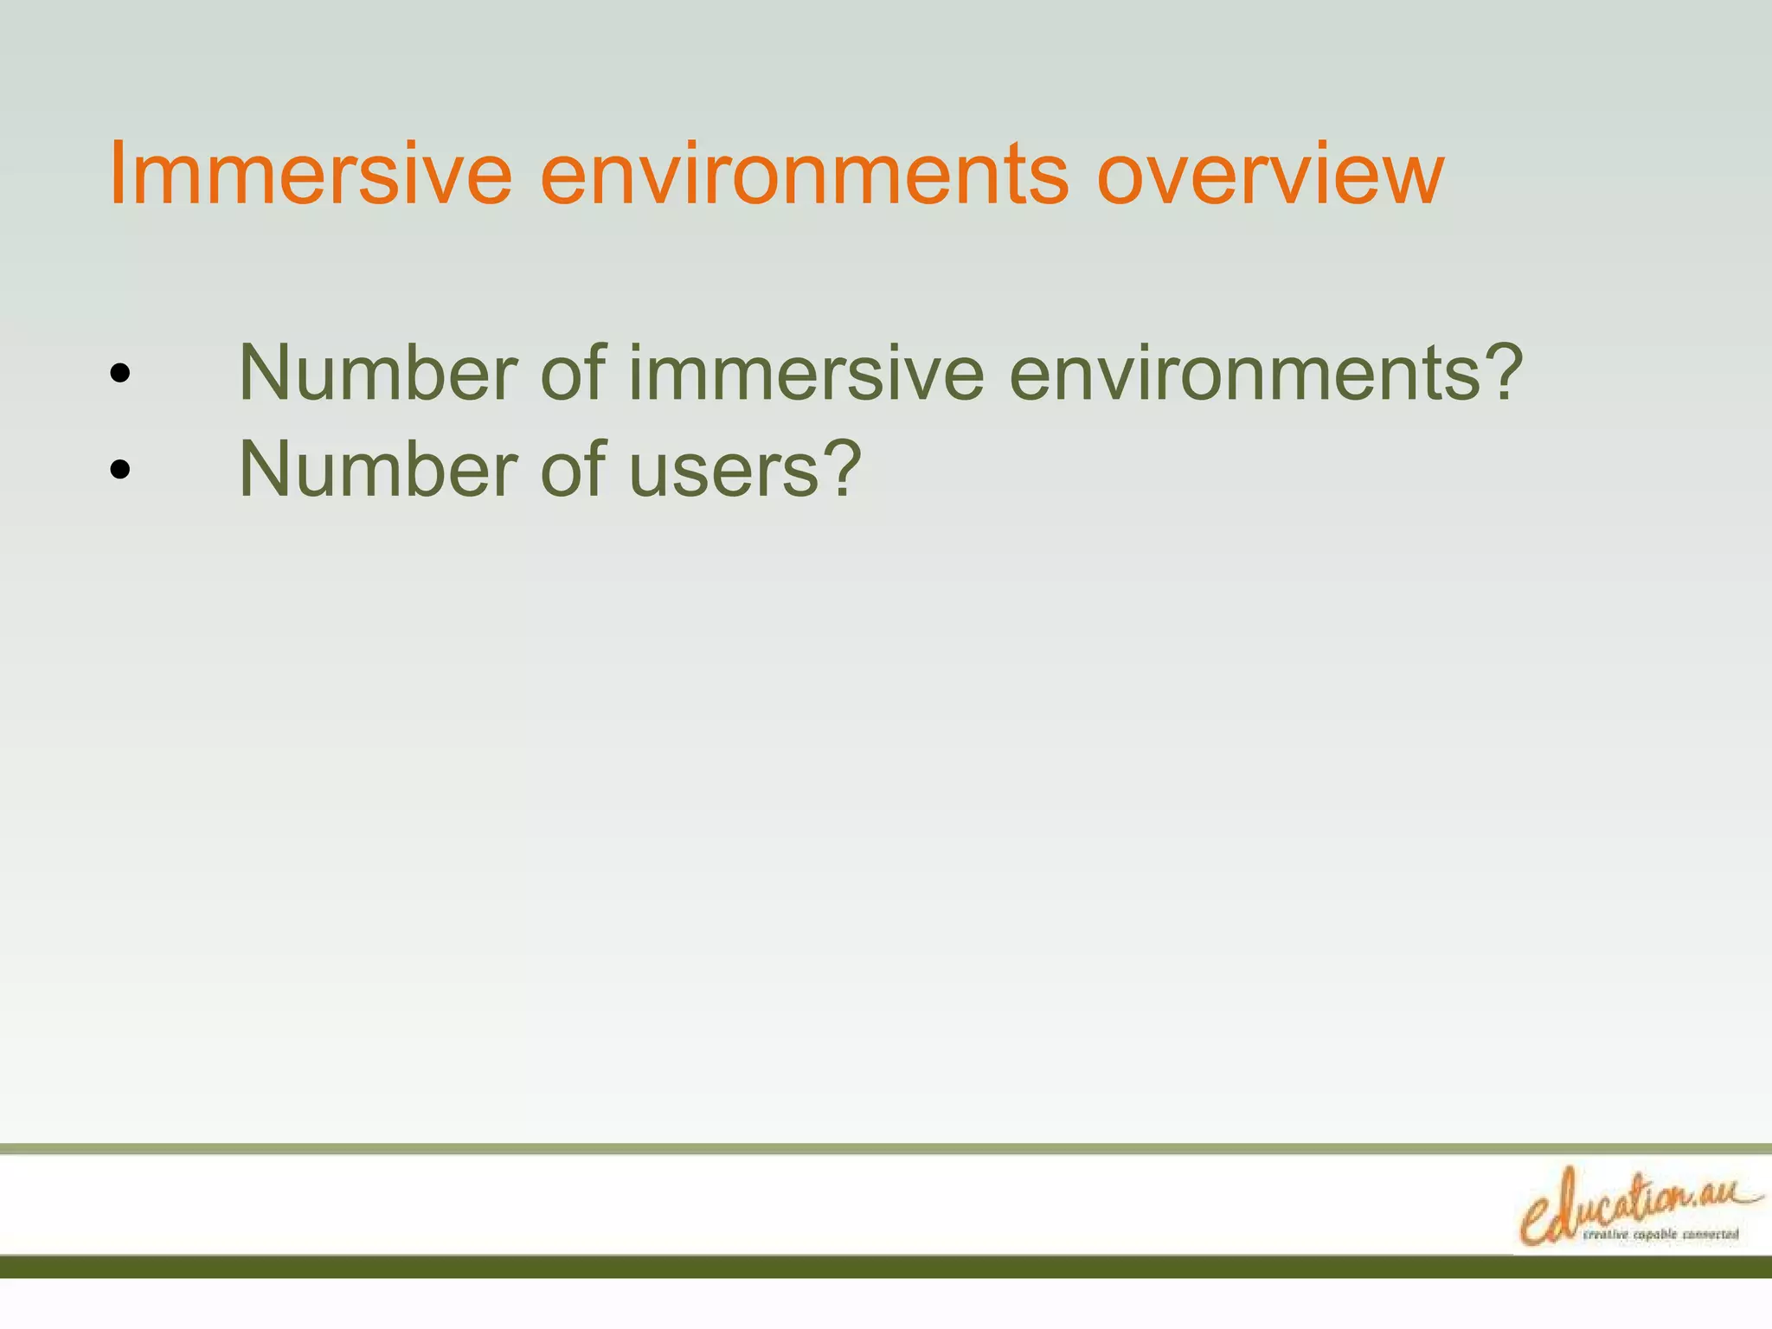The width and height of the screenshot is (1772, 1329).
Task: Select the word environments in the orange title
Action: click(804, 175)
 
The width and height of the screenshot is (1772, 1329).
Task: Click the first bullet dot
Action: click(120, 374)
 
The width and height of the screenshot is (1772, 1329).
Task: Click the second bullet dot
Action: click(120, 470)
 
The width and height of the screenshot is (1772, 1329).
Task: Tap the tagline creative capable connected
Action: click(1660, 1235)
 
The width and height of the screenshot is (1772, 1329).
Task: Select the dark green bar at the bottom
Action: click(886, 1267)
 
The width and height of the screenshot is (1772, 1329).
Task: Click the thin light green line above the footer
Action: click(886, 1149)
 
